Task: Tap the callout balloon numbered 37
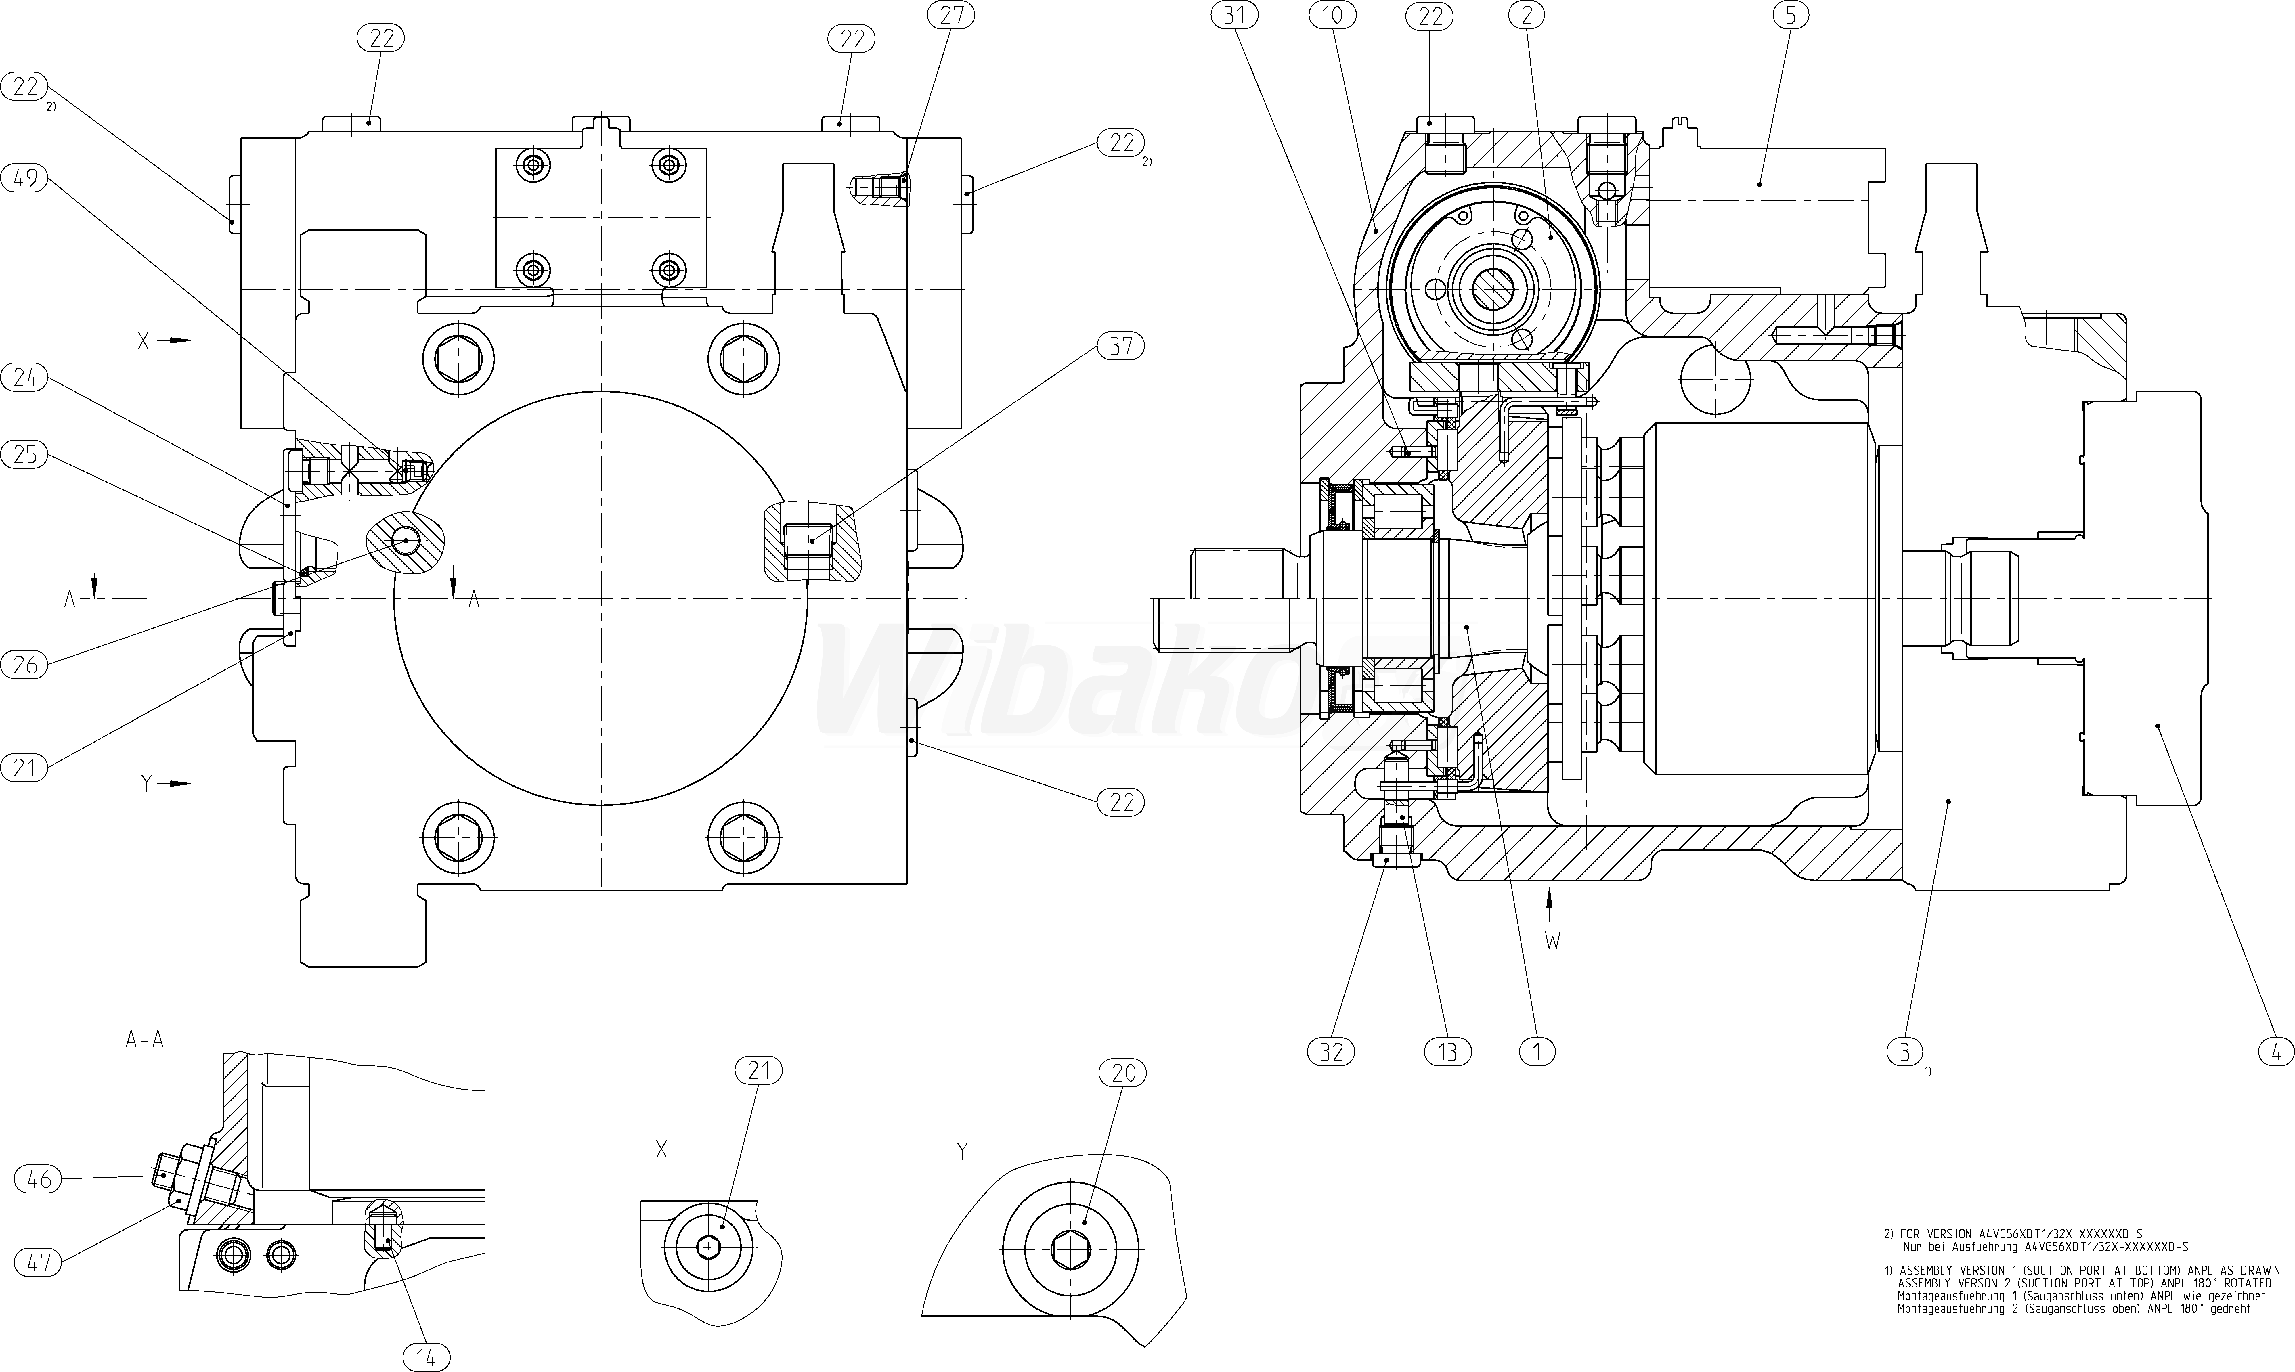(1121, 346)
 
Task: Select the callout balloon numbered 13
(1447, 1051)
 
